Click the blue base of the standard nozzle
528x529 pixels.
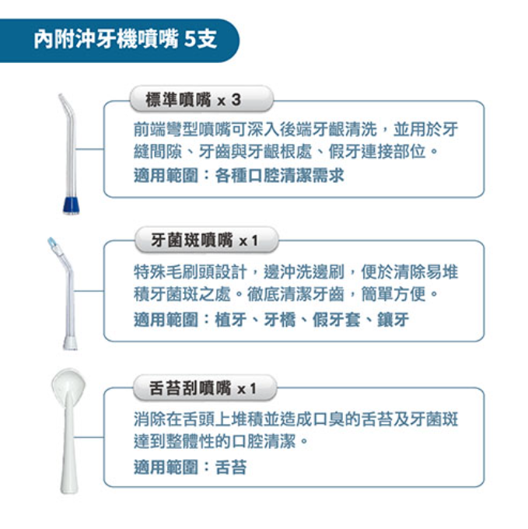(x=72, y=205)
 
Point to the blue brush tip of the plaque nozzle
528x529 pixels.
(x=52, y=242)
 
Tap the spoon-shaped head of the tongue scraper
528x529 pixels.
(x=68, y=384)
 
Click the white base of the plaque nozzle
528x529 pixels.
(x=70, y=343)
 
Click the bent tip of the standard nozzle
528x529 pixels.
(x=64, y=102)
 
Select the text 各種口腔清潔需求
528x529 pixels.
(x=279, y=176)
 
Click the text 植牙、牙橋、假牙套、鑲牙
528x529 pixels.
(x=312, y=319)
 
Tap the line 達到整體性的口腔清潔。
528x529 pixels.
(x=221, y=441)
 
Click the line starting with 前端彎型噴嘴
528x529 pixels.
(x=295, y=129)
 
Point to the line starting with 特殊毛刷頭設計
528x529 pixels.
(x=295, y=272)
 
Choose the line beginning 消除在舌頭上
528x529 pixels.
(x=295, y=419)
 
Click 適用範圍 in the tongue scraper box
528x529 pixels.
(x=166, y=467)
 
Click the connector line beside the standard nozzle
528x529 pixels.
(x=89, y=149)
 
